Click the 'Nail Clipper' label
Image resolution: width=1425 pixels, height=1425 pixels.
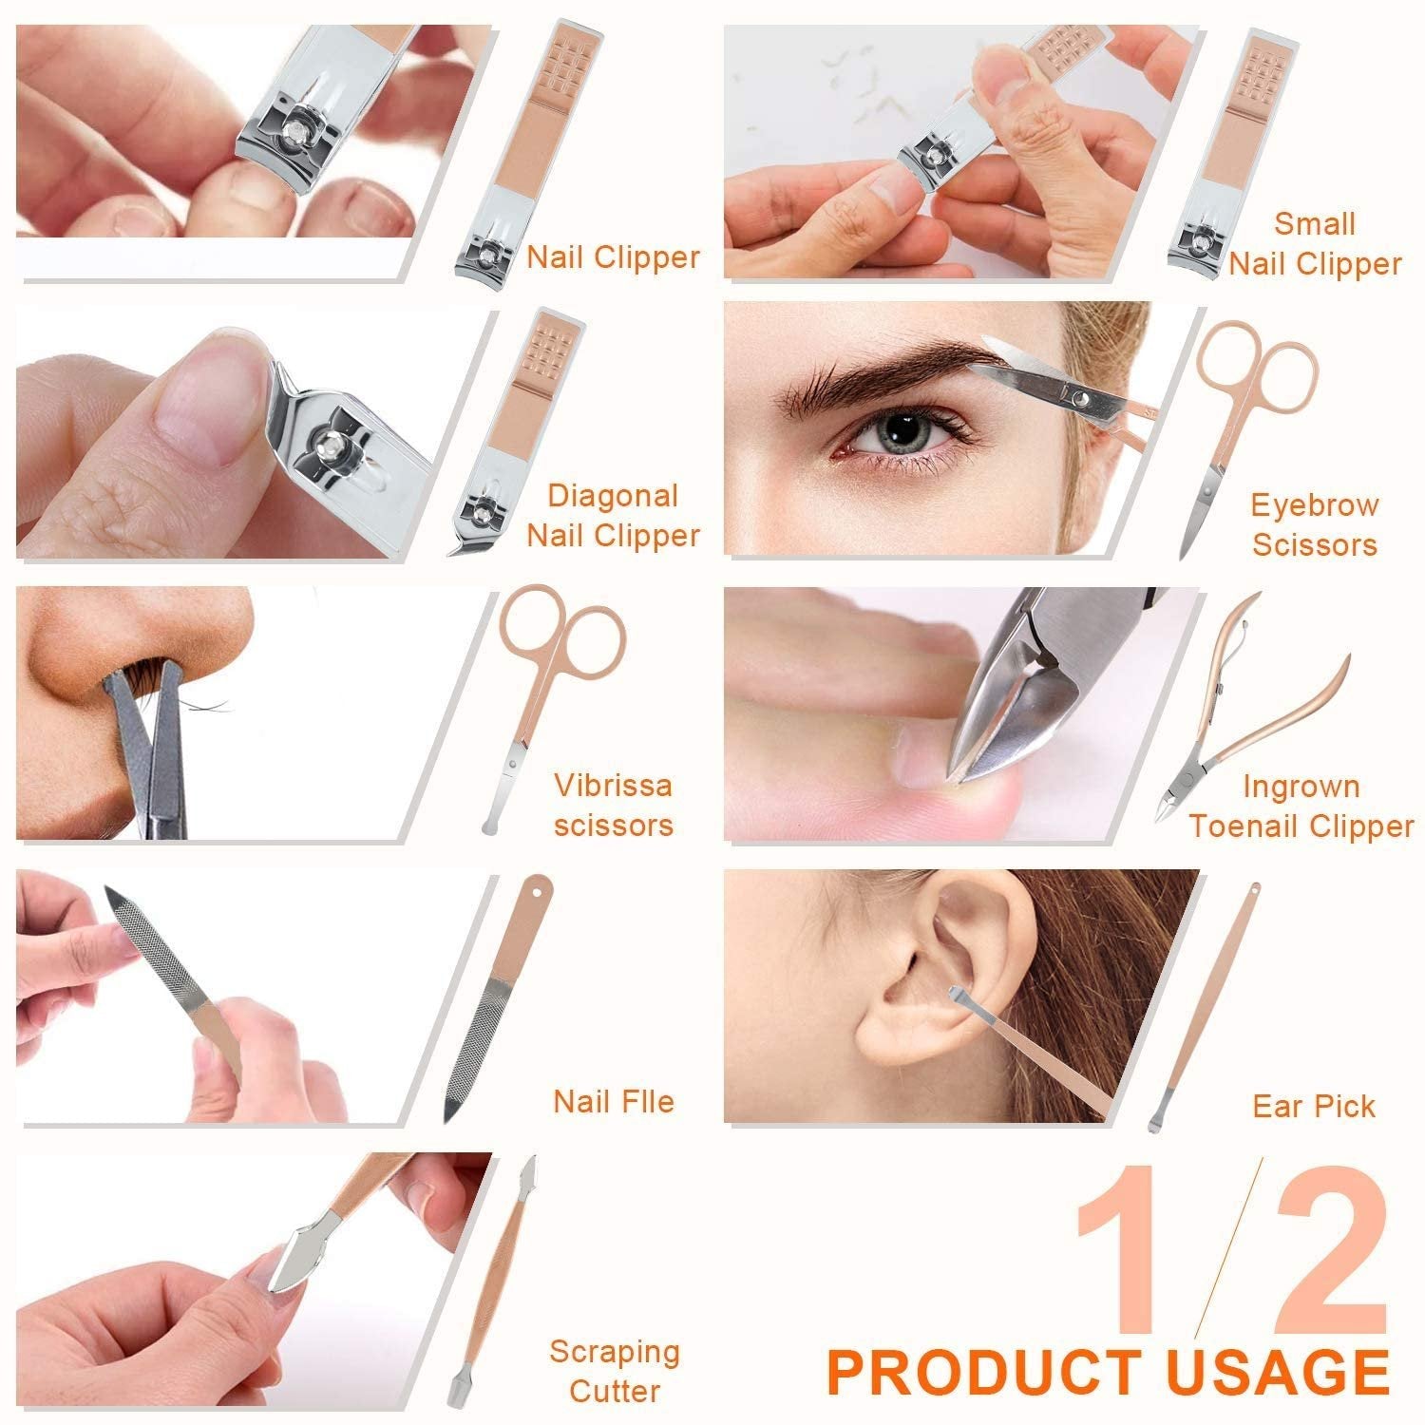pos(613,257)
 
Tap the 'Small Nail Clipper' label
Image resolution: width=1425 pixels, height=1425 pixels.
pos(1315,244)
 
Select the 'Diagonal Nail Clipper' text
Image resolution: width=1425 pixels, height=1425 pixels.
pos(613,516)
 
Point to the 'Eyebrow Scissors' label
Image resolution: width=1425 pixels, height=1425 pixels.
pos(1314,524)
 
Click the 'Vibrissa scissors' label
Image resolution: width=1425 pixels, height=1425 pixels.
pos(614,805)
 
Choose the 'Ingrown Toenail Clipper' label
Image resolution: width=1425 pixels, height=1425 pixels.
pos(1301,807)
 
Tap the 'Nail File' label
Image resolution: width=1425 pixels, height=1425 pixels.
pos(614,1102)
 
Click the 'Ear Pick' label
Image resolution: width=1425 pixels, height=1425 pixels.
pos(1314,1107)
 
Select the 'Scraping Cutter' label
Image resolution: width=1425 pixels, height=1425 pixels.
pos(615,1371)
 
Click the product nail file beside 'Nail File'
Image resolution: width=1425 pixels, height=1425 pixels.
pos(494,997)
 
